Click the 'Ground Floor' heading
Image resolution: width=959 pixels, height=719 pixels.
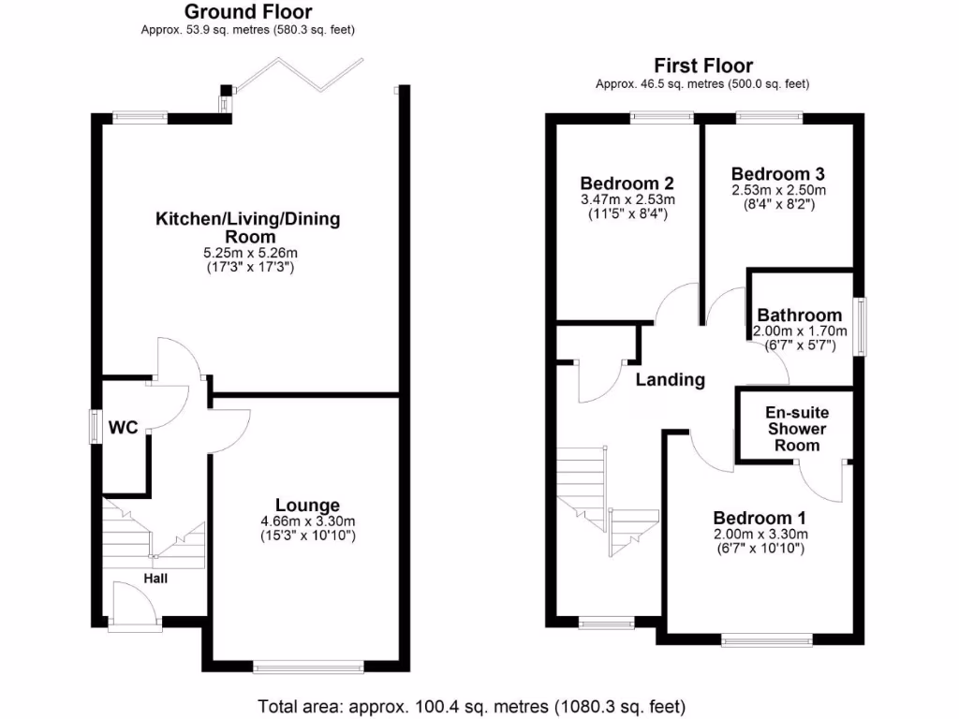[x=248, y=12]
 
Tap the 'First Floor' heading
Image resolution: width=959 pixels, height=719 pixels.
[x=702, y=66]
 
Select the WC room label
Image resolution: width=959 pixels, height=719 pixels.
[x=123, y=428]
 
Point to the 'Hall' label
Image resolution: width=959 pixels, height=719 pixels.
[x=155, y=579]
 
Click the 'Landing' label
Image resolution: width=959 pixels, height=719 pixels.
[x=670, y=379]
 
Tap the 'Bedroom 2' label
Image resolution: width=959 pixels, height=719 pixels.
[x=627, y=183]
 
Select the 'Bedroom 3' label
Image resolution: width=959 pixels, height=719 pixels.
[x=778, y=174]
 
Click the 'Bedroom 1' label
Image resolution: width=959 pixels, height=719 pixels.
[x=760, y=518]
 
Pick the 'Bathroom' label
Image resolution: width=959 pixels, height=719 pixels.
[x=800, y=315]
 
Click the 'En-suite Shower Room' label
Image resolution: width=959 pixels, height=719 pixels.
[x=797, y=429]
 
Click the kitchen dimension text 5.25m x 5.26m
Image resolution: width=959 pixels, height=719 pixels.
[x=247, y=253]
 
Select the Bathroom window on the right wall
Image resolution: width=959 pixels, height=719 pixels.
[x=860, y=326]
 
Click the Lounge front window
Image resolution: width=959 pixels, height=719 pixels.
[x=308, y=667]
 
